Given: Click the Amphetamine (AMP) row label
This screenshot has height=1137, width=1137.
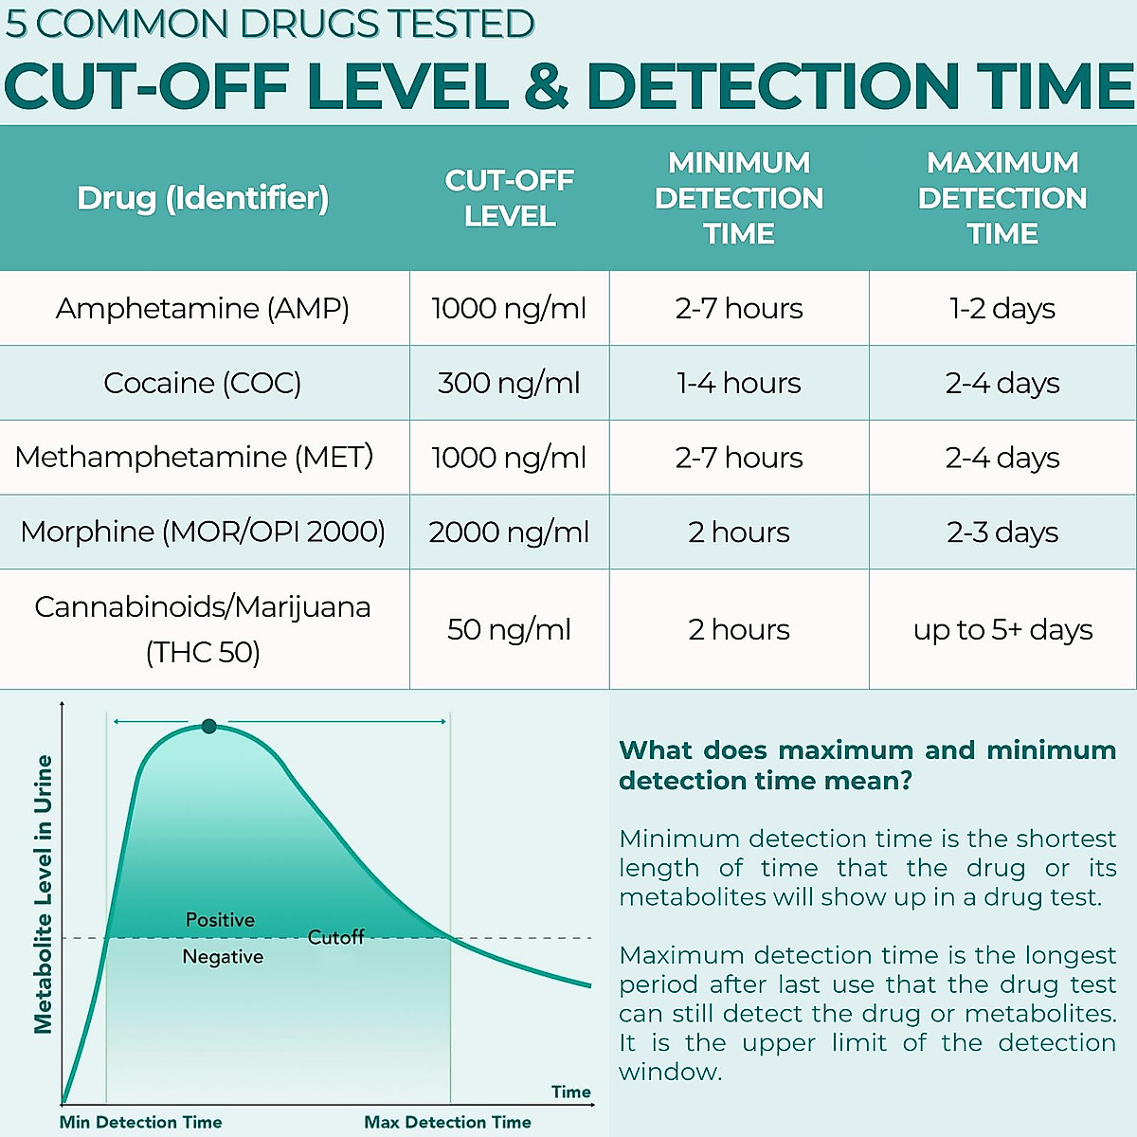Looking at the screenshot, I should (203, 309).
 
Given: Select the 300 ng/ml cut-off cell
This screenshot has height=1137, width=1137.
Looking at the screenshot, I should (509, 383).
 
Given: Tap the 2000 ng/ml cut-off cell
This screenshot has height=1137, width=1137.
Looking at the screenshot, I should (509, 532).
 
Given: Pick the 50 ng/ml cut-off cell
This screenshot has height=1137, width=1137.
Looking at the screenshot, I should (509, 630).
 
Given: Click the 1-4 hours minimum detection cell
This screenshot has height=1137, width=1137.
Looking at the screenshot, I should (739, 383).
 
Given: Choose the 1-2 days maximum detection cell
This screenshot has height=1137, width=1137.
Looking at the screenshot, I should (1002, 309).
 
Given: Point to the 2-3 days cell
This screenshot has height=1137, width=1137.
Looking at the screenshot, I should (1002, 532).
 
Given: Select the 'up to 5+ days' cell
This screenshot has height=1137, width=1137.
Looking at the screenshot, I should (1002, 630).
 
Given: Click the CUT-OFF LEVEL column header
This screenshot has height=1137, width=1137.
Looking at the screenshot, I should (509, 198).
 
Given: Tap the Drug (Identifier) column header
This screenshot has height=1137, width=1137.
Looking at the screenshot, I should (203, 198).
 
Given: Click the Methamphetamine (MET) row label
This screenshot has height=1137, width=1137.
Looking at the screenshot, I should (194, 458).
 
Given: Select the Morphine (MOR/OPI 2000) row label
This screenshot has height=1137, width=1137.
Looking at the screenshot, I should (203, 532).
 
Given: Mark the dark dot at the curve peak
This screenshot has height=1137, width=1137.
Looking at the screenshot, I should (209, 727).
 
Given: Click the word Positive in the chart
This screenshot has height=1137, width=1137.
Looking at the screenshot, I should (220, 920).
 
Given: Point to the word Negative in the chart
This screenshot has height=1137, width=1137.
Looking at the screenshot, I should (223, 957).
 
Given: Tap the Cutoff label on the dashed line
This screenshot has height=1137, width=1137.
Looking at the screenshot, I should (335, 937).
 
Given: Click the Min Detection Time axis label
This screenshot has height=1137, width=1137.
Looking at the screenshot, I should (140, 1122).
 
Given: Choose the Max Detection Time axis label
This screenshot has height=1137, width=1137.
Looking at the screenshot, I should (447, 1122).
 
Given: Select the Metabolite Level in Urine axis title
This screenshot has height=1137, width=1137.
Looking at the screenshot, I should (43, 893).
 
